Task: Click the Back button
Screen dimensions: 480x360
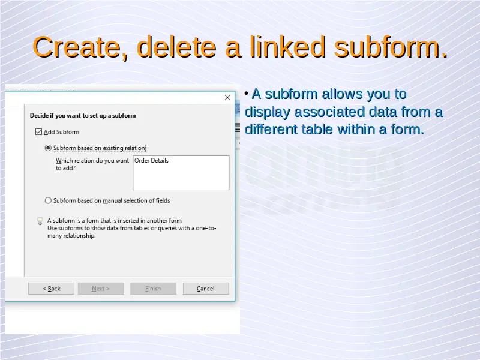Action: pos(51,289)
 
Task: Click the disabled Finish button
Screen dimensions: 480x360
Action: pos(153,289)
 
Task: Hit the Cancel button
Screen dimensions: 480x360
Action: pos(206,289)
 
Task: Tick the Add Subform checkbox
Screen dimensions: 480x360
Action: pos(38,132)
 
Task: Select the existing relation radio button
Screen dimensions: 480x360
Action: pos(48,148)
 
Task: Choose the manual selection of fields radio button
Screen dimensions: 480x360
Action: pos(48,200)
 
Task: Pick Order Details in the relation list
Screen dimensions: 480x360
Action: pos(151,161)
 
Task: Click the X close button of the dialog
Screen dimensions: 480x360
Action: pos(227,98)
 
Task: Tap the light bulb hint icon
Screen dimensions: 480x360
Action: pos(40,221)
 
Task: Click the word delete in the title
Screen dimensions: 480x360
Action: pos(176,47)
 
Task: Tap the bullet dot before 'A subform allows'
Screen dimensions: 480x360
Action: pos(246,93)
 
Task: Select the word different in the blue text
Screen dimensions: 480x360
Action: pos(271,129)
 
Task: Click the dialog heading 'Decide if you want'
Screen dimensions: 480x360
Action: pos(83,115)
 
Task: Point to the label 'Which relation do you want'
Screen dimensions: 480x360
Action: pos(92,160)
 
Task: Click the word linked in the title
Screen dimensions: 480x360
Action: pos(287,47)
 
